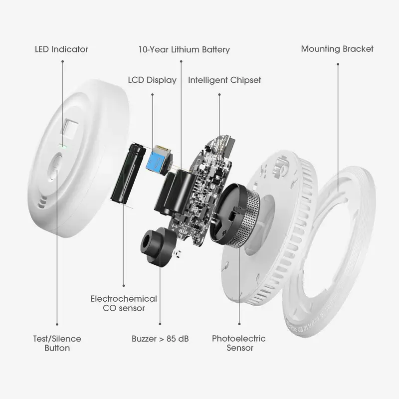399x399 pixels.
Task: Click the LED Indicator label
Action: click(61, 49)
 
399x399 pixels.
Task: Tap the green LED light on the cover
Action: click(62, 146)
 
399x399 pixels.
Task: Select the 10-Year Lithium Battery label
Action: click(184, 49)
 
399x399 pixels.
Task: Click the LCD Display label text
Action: click(152, 80)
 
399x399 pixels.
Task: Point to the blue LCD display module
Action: click(158, 159)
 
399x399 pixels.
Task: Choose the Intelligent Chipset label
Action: click(224, 80)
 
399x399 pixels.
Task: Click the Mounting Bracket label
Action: click(337, 49)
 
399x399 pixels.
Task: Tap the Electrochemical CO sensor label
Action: click(124, 303)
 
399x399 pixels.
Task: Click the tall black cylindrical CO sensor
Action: click(128, 173)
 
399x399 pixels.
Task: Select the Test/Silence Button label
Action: click(57, 343)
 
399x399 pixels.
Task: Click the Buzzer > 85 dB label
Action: click(160, 339)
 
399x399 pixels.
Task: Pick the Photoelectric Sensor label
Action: click(239, 343)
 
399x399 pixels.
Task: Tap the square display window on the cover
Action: click(69, 130)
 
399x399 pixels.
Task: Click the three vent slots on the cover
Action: click(42, 202)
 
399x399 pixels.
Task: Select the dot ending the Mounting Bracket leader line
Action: click(338, 64)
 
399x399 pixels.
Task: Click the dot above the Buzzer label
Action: click(160, 324)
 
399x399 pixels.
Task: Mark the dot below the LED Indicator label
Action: click(63, 61)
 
